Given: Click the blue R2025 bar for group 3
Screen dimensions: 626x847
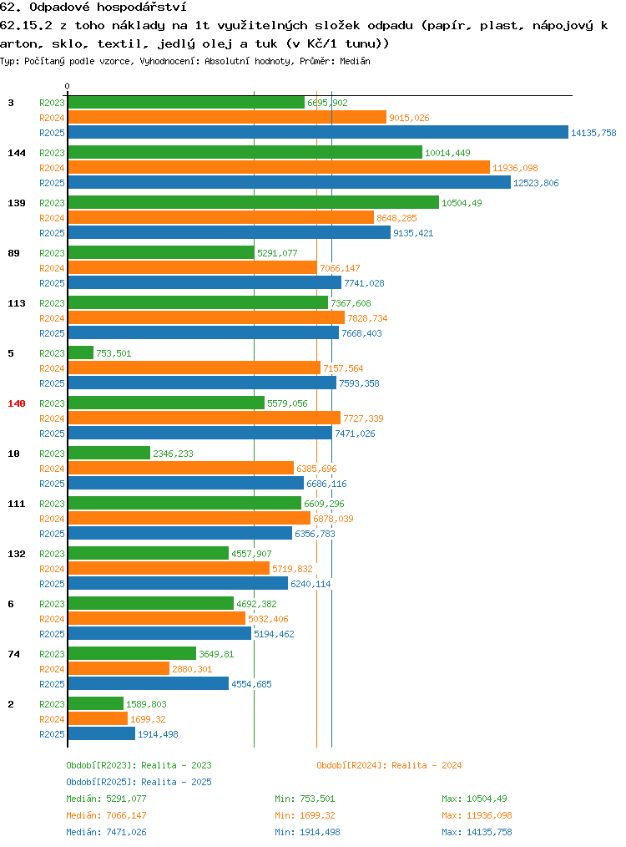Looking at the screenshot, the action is [x=318, y=132].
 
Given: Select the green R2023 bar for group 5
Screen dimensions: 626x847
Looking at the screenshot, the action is [x=81, y=352].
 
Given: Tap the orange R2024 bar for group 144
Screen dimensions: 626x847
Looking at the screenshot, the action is [x=279, y=167].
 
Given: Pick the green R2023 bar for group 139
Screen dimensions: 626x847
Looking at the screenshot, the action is [x=254, y=203].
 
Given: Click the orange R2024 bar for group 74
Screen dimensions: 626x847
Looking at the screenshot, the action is [x=119, y=669].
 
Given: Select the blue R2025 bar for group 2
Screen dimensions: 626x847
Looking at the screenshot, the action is [x=102, y=733].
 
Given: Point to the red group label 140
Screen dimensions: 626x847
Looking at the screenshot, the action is [x=17, y=403].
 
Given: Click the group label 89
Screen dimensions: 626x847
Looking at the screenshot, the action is [x=13, y=253].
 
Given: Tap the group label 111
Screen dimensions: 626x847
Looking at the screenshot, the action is [x=17, y=504].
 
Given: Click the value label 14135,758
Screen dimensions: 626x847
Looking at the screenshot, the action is [x=593, y=133].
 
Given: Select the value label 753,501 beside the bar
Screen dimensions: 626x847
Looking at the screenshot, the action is [x=114, y=353].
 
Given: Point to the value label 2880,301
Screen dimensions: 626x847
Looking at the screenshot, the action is [x=192, y=669].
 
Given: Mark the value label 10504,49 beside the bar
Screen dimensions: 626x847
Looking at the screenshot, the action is [x=462, y=203].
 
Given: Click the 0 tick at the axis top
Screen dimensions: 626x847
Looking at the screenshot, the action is [x=67, y=86].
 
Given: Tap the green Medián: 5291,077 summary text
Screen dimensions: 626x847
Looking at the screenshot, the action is [x=106, y=799].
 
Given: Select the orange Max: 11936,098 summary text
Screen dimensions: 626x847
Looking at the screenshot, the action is [x=477, y=815].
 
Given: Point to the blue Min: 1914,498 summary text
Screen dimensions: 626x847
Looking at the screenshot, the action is [x=308, y=833].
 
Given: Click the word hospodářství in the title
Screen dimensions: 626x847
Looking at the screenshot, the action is [x=141, y=8].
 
